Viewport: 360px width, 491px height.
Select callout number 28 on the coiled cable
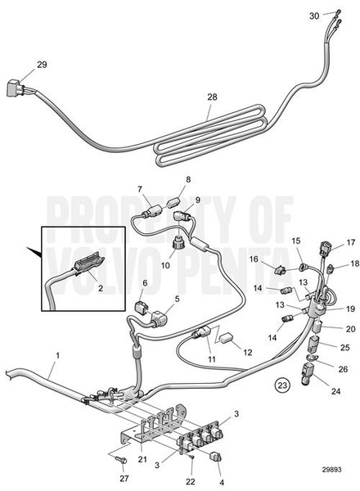tap(211, 98)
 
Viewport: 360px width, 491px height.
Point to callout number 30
tap(315, 16)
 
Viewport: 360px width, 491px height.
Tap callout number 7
tap(140, 190)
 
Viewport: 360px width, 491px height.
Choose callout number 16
tap(254, 259)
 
